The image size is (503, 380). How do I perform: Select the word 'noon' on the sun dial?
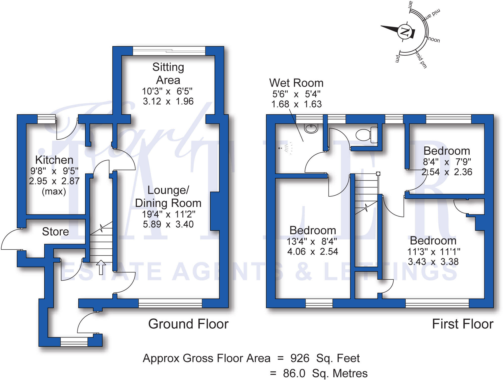tap(434, 40)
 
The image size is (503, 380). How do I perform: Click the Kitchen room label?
tap(54, 160)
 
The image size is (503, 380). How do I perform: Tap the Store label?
tap(55, 231)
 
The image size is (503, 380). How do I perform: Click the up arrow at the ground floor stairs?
tap(101, 267)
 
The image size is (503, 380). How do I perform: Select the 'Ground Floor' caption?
tap(188, 324)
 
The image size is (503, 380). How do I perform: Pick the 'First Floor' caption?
tap(463, 324)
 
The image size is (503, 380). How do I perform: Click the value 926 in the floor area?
tap(300, 358)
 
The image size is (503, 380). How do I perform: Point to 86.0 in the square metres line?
tap(294, 373)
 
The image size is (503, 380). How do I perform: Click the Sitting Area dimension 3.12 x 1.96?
tap(168, 101)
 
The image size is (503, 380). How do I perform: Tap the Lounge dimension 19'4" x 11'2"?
tap(168, 214)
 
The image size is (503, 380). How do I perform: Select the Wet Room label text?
tap(296, 83)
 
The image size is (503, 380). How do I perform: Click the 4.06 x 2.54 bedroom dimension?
tap(313, 251)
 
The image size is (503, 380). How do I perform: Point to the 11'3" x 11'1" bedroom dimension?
tap(434, 252)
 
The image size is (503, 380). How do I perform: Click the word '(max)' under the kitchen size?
tap(54, 192)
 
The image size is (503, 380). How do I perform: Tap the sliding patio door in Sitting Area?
tap(169, 51)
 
